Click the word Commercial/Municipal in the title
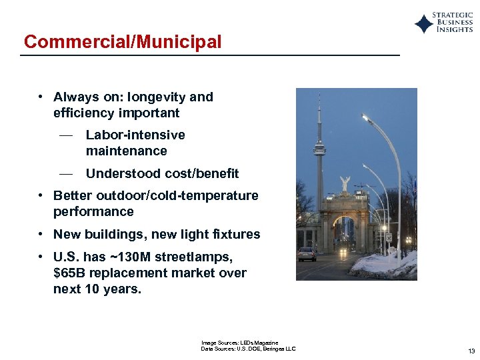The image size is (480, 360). (123, 42)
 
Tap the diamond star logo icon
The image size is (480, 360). (423, 24)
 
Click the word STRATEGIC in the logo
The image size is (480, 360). (453, 15)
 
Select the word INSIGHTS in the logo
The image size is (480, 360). (455, 30)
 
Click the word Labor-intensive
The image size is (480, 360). (135, 135)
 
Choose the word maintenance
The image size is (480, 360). (126, 151)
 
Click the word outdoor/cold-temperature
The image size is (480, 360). (177, 196)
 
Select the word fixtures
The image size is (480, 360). (237, 235)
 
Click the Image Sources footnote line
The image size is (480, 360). (239, 343)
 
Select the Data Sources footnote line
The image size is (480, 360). (248, 349)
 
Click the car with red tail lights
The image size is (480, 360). (307, 253)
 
